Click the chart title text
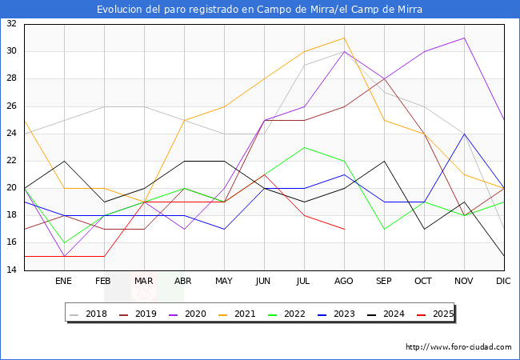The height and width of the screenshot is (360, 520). click(x=260, y=10)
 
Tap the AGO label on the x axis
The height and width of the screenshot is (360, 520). click(x=344, y=282)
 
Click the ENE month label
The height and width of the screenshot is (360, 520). click(x=64, y=282)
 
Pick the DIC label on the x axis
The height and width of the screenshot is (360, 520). click(x=503, y=282)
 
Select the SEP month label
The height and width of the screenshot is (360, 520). click(x=384, y=282)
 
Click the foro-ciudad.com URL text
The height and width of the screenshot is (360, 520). click(x=458, y=347)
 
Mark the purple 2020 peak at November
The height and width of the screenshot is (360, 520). click(x=464, y=38)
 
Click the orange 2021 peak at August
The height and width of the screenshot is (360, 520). click(x=344, y=38)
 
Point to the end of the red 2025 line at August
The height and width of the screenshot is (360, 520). click(x=344, y=230)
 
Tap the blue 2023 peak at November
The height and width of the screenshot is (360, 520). click(x=464, y=134)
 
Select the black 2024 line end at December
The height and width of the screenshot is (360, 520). click(x=504, y=257)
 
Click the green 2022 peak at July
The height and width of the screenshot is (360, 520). click(x=304, y=147)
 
